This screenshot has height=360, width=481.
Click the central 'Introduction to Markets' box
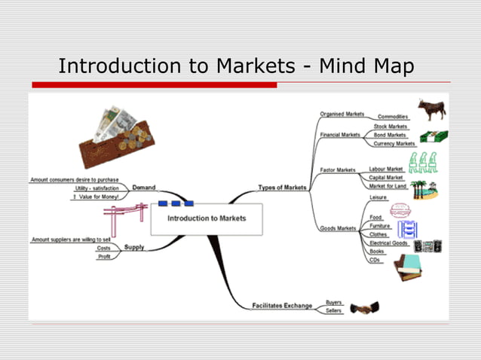click(x=206, y=218)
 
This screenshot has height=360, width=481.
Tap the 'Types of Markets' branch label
click(x=282, y=188)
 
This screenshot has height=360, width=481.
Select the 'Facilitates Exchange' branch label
click(x=281, y=306)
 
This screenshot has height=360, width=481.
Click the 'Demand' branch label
click(x=143, y=188)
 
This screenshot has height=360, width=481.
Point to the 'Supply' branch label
click(x=134, y=247)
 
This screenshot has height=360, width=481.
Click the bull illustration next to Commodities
click(x=432, y=109)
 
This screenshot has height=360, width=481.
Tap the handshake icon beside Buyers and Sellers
click(x=364, y=307)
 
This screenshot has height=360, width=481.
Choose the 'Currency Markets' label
click(x=394, y=143)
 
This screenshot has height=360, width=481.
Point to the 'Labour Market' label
click(x=386, y=169)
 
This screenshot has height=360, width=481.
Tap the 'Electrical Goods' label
click(x=388, y=243)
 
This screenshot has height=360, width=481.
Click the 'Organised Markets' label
click(x=342, y=114)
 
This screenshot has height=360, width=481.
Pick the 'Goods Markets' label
click(x=338, y=227)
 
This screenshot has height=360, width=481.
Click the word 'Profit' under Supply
click(x=104, y=257)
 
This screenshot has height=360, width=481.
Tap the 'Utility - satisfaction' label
click(x=96, y=188)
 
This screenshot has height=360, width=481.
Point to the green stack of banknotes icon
click(x=434, y=138)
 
